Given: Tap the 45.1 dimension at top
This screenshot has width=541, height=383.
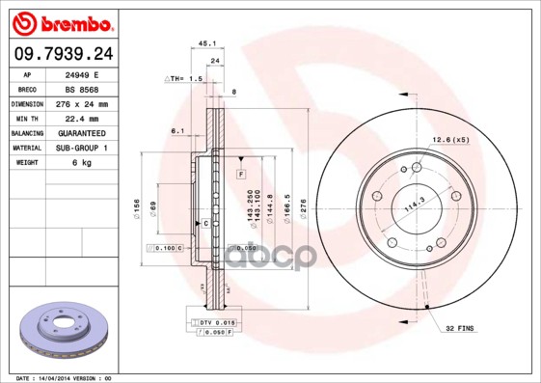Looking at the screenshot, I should (x=205, y=42).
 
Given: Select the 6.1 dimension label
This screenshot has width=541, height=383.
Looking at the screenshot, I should (x=177, y=130).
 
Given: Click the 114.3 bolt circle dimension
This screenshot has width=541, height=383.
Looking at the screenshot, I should (x=415, y=205).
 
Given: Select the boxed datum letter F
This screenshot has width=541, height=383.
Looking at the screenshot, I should (x=241, y=172).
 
